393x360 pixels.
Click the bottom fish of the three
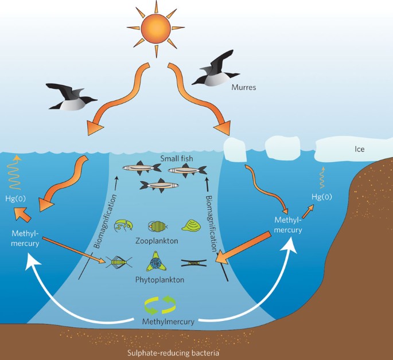(x=159, y=185)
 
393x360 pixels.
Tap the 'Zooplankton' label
(x=159, y=240)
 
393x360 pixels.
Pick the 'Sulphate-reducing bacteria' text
(x=170, y=353)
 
